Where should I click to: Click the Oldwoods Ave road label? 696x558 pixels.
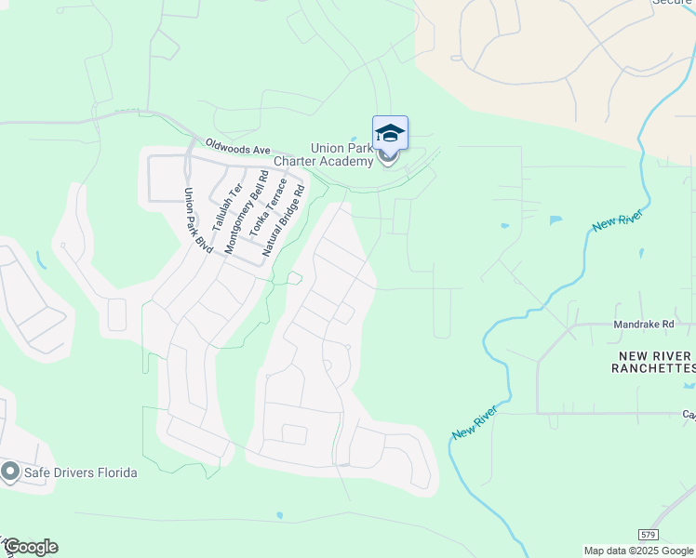pyautogui.click(x=237, y=148)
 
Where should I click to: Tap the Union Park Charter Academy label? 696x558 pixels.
pyautogui.click(x=341, y=154)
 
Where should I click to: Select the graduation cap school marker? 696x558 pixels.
pyautogui.click(x=390, y=134)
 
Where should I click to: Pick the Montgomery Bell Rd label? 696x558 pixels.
pyautogui.click(x=245, y=213)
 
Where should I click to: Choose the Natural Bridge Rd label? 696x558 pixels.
pyautogui.click(x=284, y=220)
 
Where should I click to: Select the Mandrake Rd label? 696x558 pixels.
pyautogui.click(x=643, y=325)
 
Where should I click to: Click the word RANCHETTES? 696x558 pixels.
pyautogui.click(x=652, y=369)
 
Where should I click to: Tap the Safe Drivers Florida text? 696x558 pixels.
pyautogui.click(x=81, y=472)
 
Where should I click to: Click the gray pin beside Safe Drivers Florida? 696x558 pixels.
pyautogui.click(x=10, y=472)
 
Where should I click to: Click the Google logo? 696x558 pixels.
pyautogui.click(x=30, y=547)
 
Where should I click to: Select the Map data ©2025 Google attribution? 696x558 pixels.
pyautogui.click(x=638, y=551)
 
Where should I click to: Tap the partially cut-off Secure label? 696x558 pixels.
pyautogui.click(x=672, y=3)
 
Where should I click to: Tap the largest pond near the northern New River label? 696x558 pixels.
pyautogui.click(x=556, y=220)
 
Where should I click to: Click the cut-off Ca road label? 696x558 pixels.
pyautogui.click(x=689, y=415)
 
